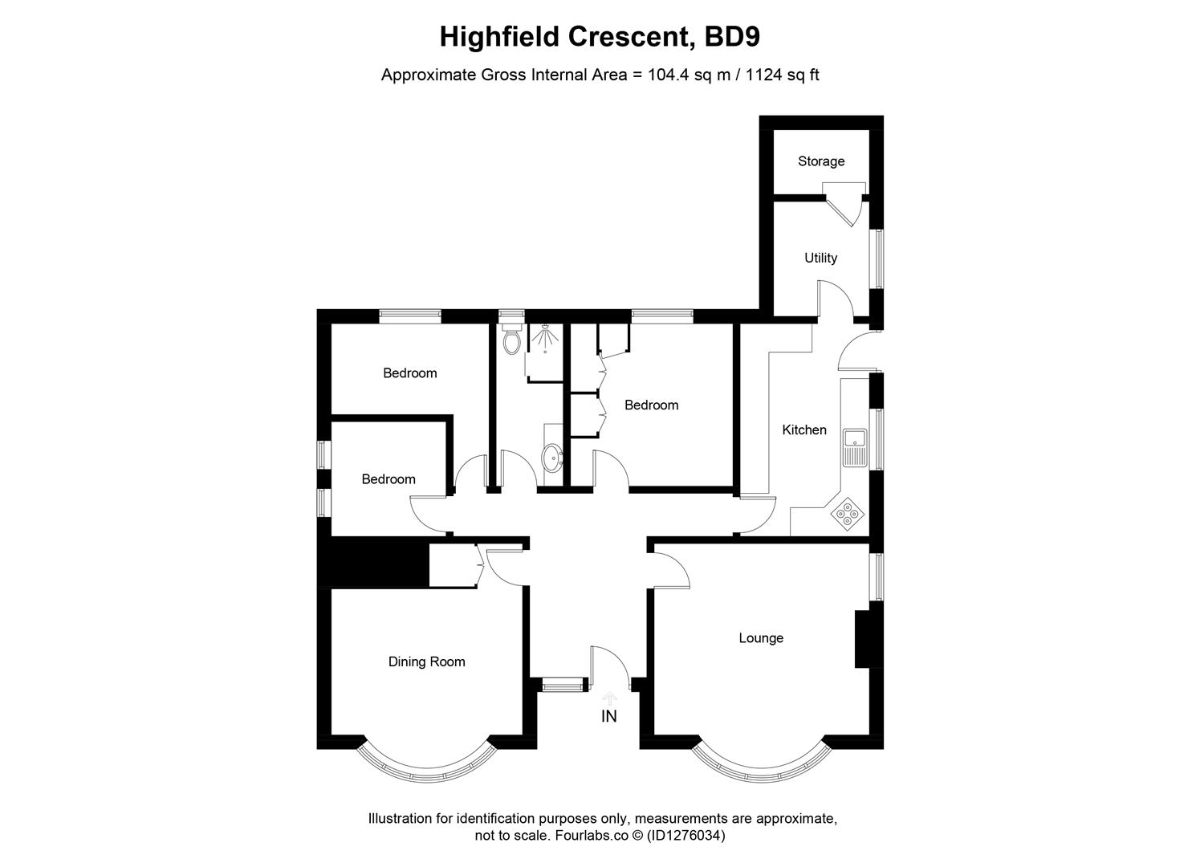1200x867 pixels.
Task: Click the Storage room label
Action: (x=820, y=161)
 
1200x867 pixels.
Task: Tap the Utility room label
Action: (x=820, y=258)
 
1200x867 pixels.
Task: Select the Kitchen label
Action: (x=803, y=430)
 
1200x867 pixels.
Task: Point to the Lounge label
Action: (x=760, y=638)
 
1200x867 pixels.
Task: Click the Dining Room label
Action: (x=426, y=662)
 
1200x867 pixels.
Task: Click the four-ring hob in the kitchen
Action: (x=848, y=514)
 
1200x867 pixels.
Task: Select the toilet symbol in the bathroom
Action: (x=511, y=341)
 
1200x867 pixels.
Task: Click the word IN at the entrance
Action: (x=609, y=716)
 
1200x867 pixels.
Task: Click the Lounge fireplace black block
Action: (x=864, y=639)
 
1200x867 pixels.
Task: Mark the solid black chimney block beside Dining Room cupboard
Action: (x=373, y=565)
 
